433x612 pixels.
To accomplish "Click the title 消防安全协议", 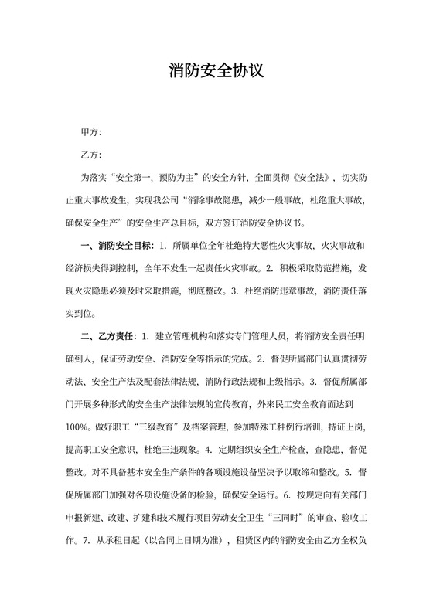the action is click(x=216, y=71).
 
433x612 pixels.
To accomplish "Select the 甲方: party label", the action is click(x=91, y=133).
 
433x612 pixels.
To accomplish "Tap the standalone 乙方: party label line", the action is click(x=91, y=155).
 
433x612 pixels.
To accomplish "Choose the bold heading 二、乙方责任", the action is click(x=107, y=337).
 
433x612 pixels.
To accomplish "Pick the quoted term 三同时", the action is click(x=293, y=518).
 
